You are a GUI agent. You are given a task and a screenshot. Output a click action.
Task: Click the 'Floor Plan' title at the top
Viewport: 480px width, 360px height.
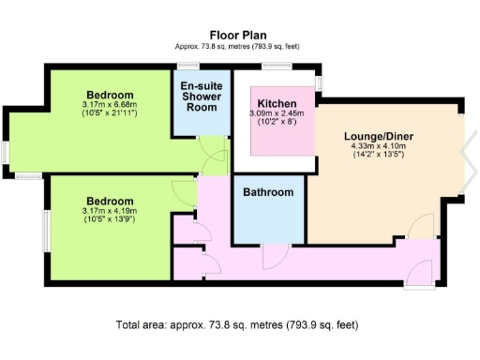pos(239,35)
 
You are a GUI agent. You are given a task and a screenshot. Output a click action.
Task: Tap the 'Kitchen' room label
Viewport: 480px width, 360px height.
pos(277,102)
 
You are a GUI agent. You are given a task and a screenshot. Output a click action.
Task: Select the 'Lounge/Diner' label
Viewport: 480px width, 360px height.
pos(378,136)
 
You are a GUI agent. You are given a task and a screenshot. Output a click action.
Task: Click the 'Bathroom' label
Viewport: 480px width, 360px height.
pos(268,192)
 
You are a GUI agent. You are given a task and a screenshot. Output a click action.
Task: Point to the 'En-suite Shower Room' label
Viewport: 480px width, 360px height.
pos(202,95)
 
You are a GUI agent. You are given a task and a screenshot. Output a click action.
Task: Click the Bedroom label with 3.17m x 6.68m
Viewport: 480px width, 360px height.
pos(111,95)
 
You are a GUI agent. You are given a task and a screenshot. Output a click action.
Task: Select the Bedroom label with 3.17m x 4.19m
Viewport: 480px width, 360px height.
pos(111,201)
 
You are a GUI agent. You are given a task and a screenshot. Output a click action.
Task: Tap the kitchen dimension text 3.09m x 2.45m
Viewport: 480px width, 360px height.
pos(278,113)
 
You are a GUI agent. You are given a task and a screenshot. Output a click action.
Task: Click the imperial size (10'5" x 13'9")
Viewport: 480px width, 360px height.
pos(111,220)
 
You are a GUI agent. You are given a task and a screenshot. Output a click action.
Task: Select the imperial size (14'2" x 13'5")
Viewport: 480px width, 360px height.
pos(378,155)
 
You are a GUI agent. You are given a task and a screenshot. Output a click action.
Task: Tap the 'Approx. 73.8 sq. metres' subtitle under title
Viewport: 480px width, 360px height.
pos(239,46)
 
